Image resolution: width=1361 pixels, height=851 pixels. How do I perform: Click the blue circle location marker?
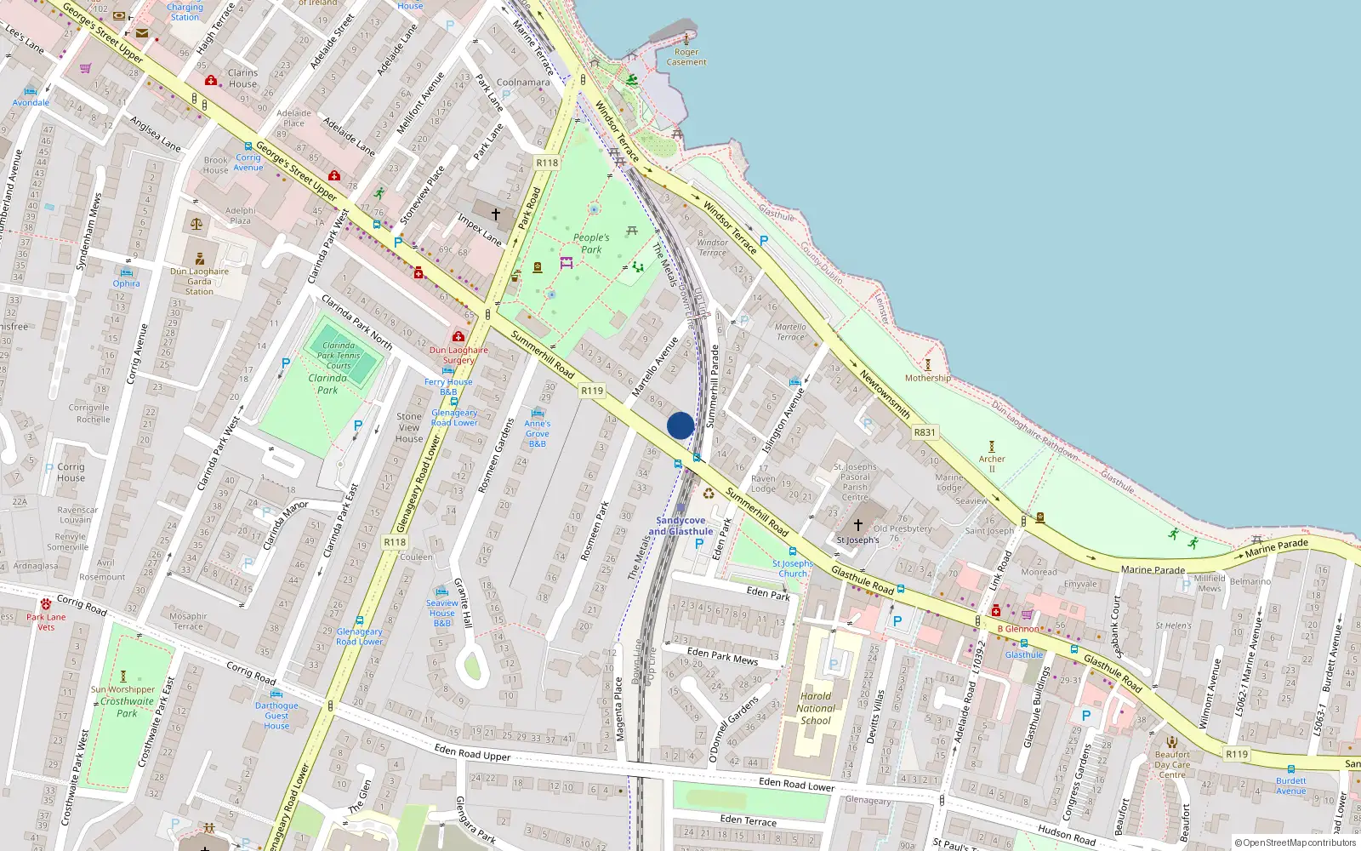680,425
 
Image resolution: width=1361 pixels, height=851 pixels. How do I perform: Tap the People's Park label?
591,243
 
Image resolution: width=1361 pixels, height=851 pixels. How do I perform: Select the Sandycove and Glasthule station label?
680,526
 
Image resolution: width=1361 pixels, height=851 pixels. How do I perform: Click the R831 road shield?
925,432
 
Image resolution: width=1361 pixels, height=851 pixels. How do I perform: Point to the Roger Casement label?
686,57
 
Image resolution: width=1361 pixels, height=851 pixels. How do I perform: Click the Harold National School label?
816,708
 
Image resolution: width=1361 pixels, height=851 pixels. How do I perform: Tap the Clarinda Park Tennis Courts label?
339,356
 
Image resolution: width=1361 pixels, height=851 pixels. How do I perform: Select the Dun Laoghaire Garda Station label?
199,282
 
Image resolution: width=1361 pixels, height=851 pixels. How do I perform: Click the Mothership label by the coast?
928,378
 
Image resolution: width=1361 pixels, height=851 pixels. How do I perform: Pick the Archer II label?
992,464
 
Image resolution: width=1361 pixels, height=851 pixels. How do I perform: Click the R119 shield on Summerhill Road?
592,391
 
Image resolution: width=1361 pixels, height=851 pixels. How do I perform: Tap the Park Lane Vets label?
46,622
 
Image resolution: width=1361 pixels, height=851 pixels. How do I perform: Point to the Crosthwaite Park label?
128,707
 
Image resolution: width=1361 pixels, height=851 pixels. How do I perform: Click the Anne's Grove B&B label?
538,433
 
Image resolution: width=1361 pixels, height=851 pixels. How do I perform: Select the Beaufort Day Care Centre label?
1172,764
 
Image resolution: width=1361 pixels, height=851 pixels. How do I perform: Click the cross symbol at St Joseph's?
858,525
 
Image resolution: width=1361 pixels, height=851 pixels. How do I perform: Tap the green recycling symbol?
709,493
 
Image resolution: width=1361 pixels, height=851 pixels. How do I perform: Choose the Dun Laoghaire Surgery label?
458,355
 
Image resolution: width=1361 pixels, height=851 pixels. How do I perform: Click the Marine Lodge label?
949,483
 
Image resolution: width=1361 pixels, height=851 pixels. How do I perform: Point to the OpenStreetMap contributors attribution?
1296,843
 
